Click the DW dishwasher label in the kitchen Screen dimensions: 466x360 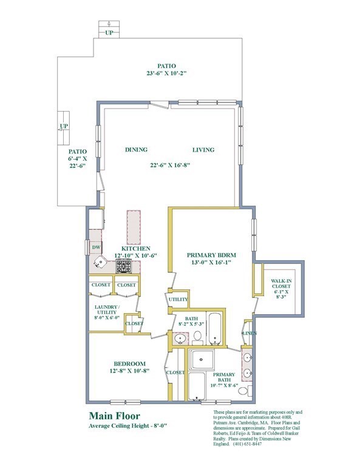click(96, 247)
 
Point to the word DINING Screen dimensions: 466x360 click(137, 150)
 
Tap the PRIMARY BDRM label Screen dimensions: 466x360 click(211, 255)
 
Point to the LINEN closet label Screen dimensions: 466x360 click(248, 334)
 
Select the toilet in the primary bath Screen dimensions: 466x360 click(243, 392)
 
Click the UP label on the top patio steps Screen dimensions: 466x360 click(109, 33)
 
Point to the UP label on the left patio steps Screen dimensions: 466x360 click(63, 127)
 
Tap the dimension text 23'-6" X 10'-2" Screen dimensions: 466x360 click(165, 73)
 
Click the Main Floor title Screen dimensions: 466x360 click(114, 416)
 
